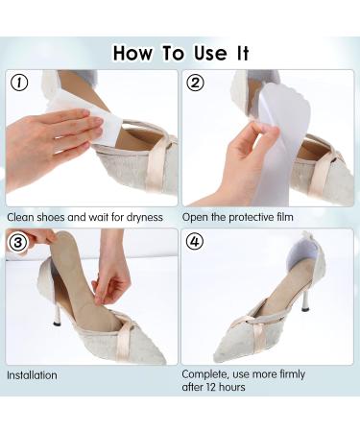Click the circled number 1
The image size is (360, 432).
(19, 83)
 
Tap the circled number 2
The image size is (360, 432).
(195, 83)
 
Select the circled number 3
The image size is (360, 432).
(17, 242)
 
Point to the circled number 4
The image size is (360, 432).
(194, 242)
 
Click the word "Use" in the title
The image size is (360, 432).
(210, 53)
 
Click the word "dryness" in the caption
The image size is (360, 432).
(145, 218)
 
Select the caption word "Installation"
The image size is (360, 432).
(32, 375)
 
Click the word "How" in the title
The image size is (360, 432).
(132, 53)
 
